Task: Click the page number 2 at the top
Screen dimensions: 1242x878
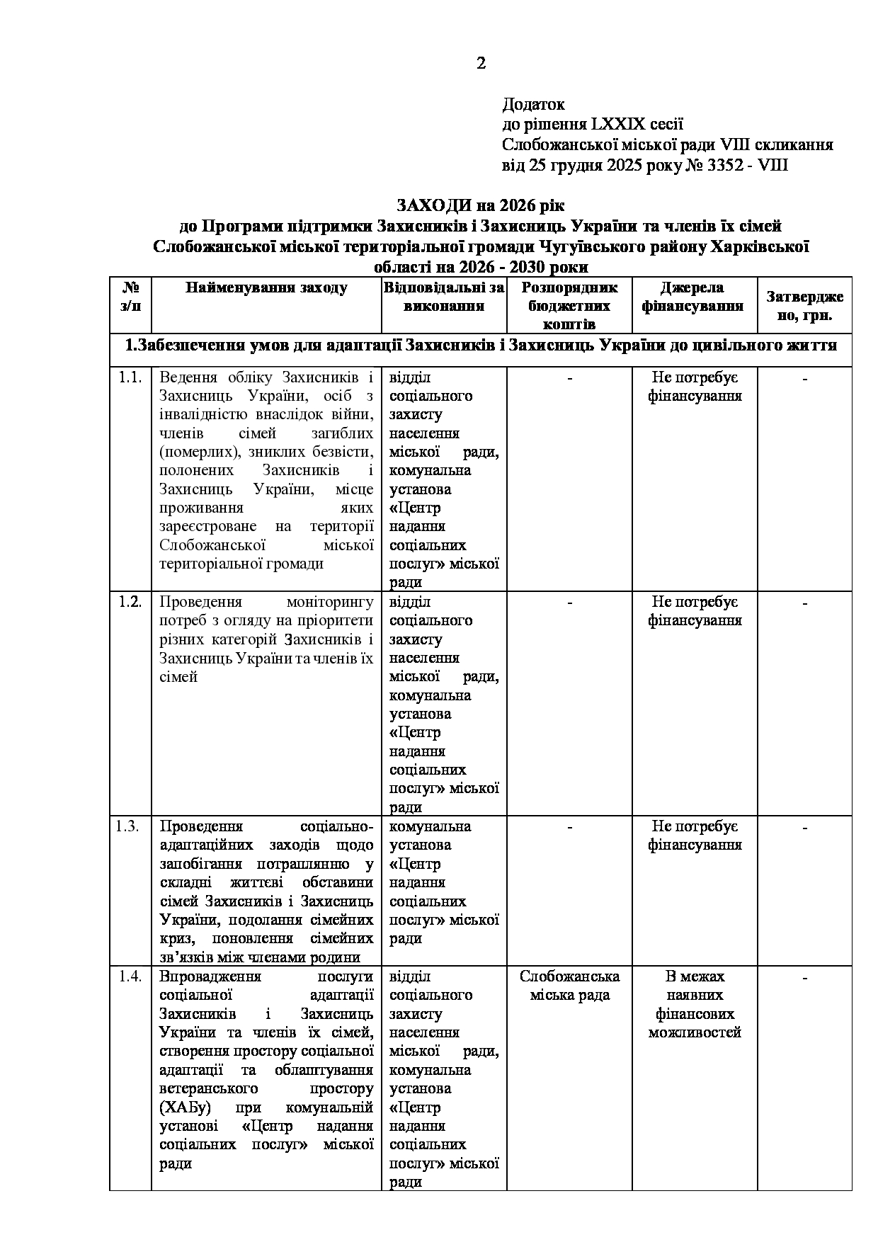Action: click(481, 64)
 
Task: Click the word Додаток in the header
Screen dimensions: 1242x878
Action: click(533, 105)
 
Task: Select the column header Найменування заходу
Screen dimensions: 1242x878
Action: click(266, 288)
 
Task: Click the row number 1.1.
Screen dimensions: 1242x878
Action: click(130, 377)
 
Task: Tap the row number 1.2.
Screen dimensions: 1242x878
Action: click(130, 602)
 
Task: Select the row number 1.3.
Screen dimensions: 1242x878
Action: click(130, 826)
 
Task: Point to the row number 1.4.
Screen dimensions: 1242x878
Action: click(130, 976)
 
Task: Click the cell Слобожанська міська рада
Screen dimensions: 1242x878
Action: click(569, 986)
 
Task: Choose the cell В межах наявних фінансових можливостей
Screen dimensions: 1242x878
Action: click(695, 1004)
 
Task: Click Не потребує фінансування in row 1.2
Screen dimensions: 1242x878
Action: click(695, 611)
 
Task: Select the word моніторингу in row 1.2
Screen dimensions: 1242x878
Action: click(329, 602)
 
